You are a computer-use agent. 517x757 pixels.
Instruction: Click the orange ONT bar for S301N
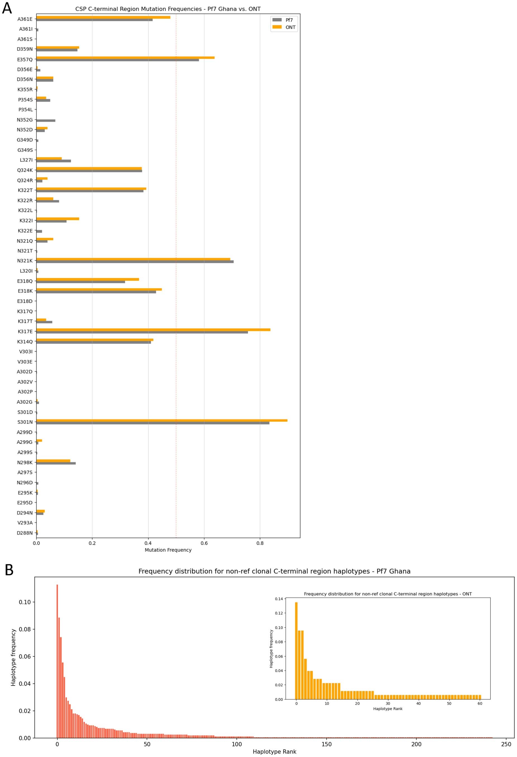point(162,420)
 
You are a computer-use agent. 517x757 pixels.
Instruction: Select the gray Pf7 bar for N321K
point(135,262)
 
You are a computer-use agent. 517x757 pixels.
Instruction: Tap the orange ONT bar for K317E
point(153,330)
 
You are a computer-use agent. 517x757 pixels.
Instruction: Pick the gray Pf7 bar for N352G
point(46,121)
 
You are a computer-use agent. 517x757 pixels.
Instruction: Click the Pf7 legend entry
point(283,20)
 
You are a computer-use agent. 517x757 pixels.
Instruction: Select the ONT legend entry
point(283,27)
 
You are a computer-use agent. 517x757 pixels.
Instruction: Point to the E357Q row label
point(25,59)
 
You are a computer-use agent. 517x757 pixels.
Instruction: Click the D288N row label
point(25,533)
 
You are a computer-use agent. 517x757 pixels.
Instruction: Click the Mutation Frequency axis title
point(168,550)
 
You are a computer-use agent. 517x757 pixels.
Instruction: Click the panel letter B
point(9,570)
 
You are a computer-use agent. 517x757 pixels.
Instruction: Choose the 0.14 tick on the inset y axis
point(278,599)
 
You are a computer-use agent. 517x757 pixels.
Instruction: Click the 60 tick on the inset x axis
point(480,703)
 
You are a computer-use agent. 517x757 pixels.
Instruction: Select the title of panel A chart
point(168,9)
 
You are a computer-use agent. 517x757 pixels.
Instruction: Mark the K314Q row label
point(25,342)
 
